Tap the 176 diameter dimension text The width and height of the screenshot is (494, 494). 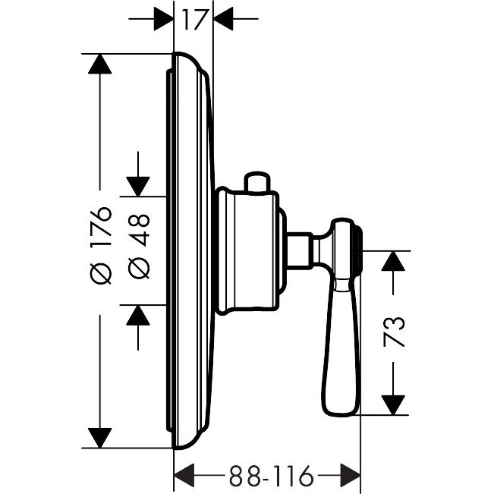[x=101, y=222]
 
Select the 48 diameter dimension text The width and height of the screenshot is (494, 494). [x=139, y=230]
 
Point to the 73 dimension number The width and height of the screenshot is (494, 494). [x=394, y=332]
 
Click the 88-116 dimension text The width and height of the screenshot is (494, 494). [x=271, y=476]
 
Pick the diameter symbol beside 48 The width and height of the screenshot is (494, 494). [x=139, y=269]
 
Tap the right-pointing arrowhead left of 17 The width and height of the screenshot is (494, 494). [x=163, y=19]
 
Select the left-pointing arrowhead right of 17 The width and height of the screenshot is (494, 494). [x=223, y=19]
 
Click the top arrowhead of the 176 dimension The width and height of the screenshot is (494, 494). [x=100, y=64]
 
